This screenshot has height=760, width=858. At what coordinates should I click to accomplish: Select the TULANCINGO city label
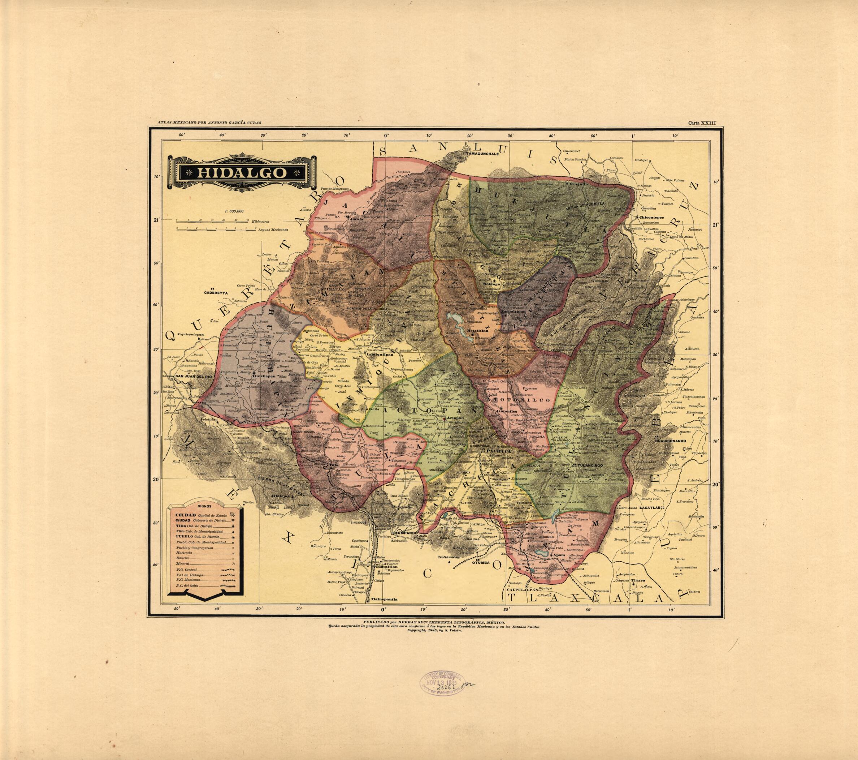pyautogui.click(x=589, y=466)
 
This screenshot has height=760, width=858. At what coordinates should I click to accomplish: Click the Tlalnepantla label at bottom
pyautogui.click(x=383, y=600)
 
